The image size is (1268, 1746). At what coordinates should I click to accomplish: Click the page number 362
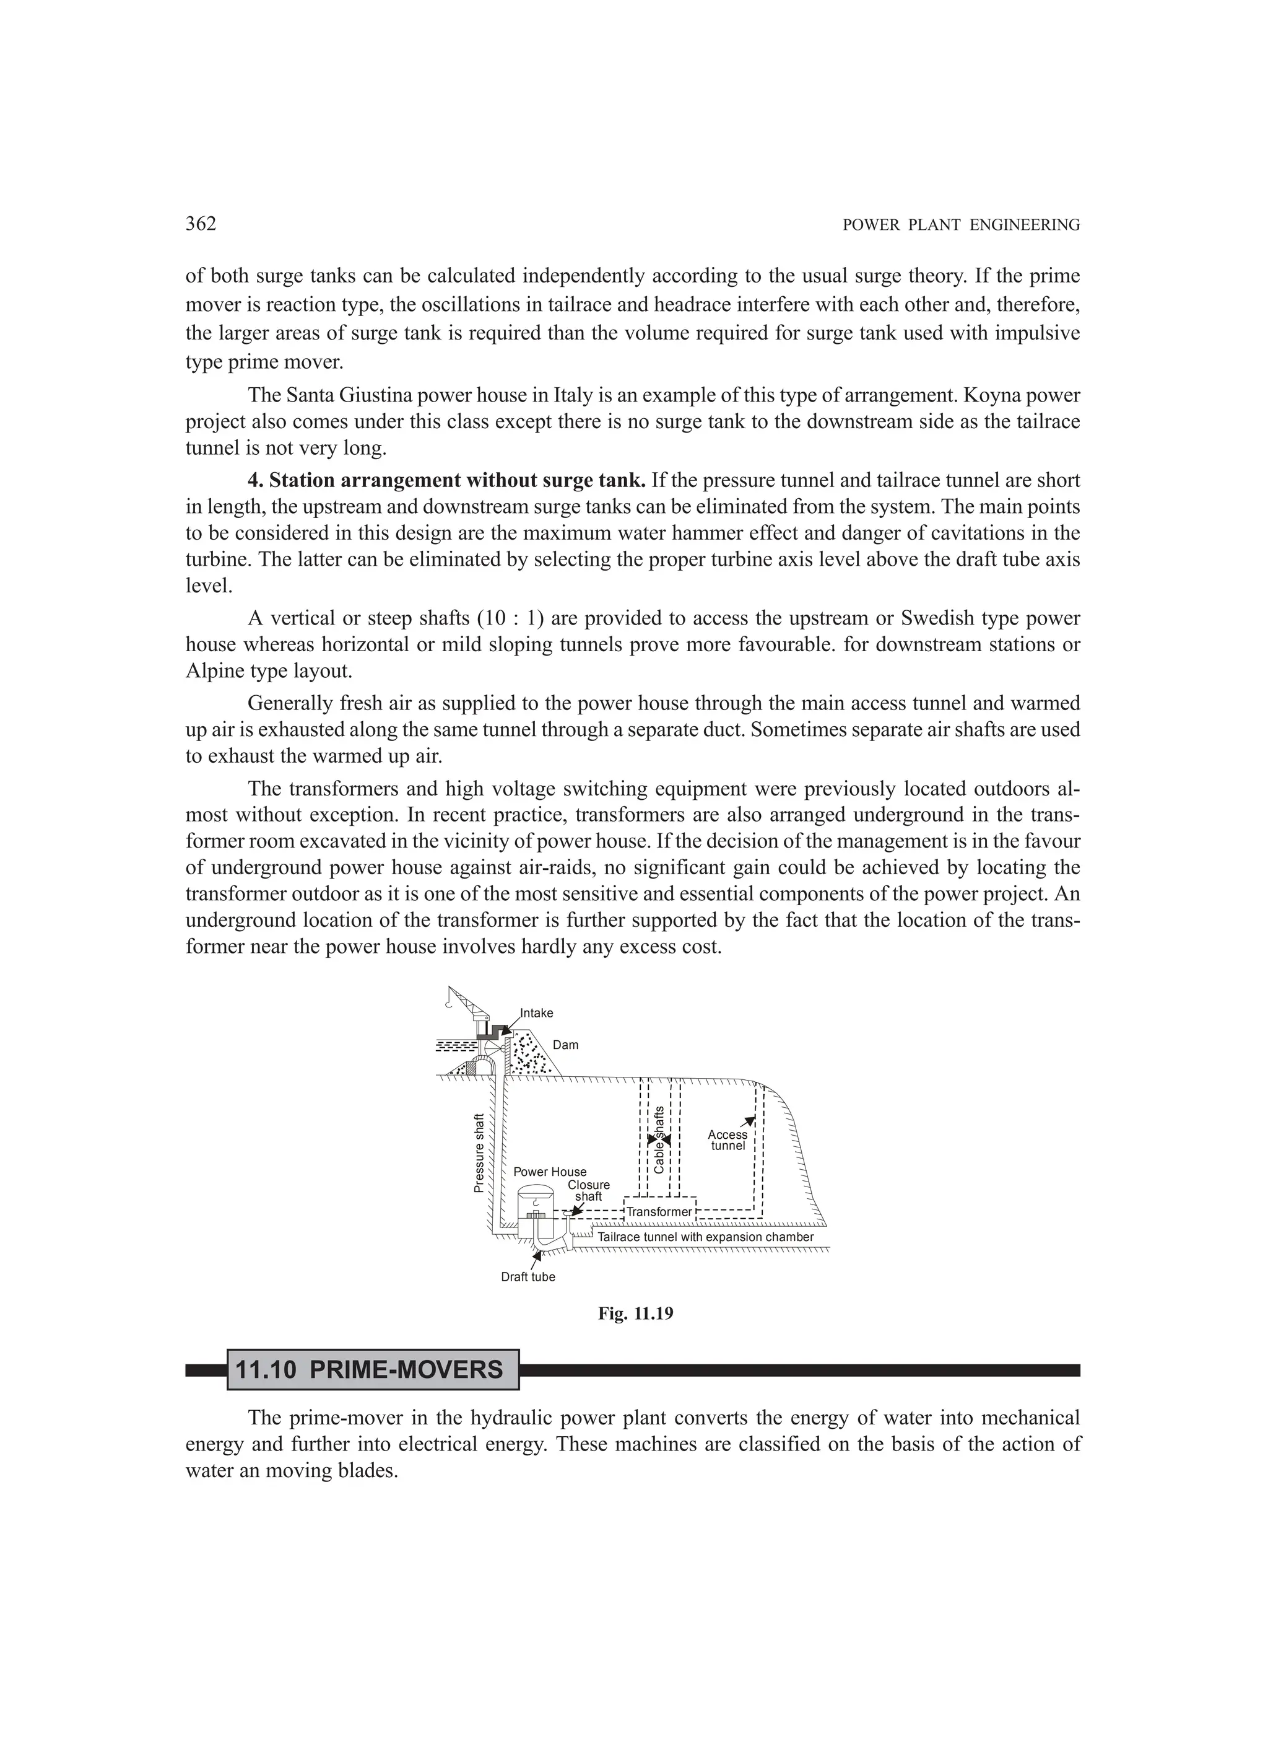201,224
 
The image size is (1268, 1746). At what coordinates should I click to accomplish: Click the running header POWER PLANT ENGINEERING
961,226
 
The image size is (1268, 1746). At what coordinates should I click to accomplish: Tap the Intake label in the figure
536,1013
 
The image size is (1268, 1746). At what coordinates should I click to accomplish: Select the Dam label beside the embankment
565,1045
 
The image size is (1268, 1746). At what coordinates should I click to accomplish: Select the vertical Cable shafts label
659,1139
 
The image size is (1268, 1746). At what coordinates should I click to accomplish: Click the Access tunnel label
727,1140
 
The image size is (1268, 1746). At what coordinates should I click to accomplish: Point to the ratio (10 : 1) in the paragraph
510,618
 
